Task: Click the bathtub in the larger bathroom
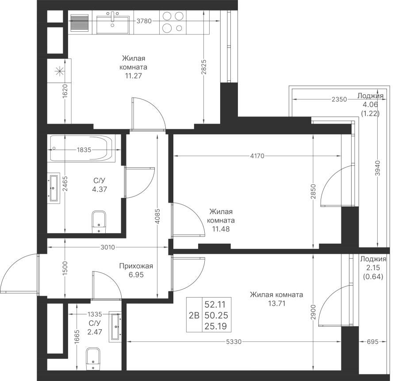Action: [82, 148]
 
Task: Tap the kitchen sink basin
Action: [113, 24]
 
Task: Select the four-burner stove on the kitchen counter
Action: [172, 22]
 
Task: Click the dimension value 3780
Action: [144, 21]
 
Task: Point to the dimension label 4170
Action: [257, 156]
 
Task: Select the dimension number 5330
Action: [234, 342]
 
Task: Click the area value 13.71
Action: [276, 303]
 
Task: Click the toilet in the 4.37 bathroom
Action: [99, 222]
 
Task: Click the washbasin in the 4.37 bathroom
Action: [54, 188]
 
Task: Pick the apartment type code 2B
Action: [194, 315]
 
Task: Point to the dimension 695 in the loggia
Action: [373, 342]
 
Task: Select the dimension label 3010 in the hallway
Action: [108, 247]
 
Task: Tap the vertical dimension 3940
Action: [378, 168]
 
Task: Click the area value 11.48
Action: [221, 229]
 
